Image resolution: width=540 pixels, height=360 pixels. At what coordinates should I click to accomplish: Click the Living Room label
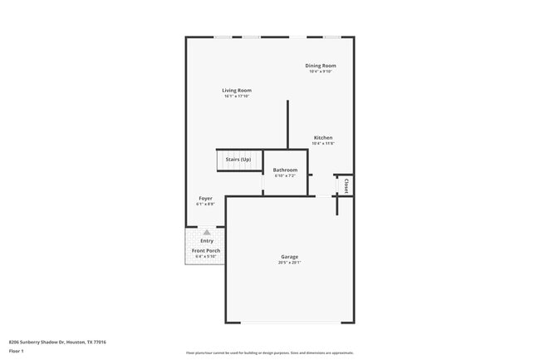pyautogui.click(x=237, y=90)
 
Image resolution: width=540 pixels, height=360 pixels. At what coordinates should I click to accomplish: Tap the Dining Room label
pyautogui.click(x=320, y=66)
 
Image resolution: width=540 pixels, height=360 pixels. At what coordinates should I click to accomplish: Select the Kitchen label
pyautogui.click(x=323, y=137)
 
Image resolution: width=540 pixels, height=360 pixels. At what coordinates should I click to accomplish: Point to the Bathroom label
pyautogui.click(x=285, y=170)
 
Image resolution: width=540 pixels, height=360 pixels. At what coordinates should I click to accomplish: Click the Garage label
pyautogui.click(x=289, y=257)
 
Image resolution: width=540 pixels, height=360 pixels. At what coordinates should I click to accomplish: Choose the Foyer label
pyautogui.click(x=205, y=199)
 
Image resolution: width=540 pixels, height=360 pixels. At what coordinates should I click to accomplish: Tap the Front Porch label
pyautogui.click(x=205, y=250)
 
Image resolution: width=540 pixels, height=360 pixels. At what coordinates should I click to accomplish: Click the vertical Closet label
pyautogui.click(x=345, y=185)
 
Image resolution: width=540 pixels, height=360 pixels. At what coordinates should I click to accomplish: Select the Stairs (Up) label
pyautogui.click(x=238, y=159)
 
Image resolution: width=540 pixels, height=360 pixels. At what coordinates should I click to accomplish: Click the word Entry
pyautogui.click(x=206, y=241)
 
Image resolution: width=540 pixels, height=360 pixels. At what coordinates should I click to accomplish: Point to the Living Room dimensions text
pyautogui.click(x=237, y=96)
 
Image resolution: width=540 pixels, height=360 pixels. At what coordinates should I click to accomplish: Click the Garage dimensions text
pyautogui.click(x=289, y=264)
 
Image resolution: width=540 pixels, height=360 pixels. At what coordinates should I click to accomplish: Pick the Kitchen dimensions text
pyautogui.click(x=323, y=144)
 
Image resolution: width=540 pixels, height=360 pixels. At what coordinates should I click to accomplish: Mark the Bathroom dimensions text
pyautogui.click(x=285, y=176)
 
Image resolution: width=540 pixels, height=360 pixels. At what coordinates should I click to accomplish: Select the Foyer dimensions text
pyautogui.click(x=205, y=205)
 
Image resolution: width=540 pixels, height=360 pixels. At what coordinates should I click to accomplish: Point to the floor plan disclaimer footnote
pyautogui.click(x=269, y=353)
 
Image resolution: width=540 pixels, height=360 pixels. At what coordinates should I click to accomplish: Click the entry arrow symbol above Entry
pyautogui.click(x=206, y=233)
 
